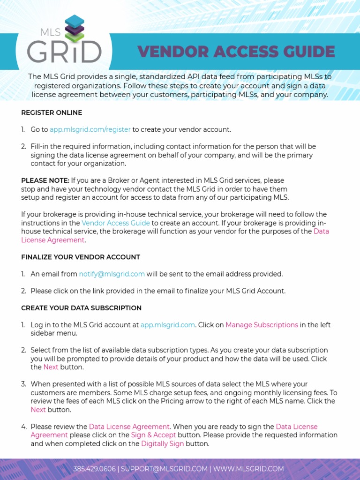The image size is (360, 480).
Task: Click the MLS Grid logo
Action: point(64,42)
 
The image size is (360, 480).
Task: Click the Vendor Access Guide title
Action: point(236,52)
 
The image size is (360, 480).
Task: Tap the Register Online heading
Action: point(52,112)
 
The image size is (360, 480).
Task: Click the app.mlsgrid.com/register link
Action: point(90,129)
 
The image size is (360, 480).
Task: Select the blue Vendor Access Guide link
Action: point(116,223)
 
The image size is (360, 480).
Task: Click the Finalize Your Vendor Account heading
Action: point(81,257)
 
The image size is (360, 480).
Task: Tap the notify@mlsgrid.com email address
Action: point(112,274)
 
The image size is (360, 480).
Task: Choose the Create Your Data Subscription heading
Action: point(81,308)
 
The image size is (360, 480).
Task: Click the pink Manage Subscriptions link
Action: point(262,325)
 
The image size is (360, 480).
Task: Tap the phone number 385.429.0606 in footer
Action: point(94,469)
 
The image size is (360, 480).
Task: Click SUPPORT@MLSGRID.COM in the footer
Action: point(164,469)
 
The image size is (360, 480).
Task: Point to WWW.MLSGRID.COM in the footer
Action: point(249,469)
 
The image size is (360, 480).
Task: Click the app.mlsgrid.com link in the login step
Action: point(168,325)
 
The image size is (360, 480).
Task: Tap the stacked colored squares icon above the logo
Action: point(75,28)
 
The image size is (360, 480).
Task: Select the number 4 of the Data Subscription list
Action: point(23,427)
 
